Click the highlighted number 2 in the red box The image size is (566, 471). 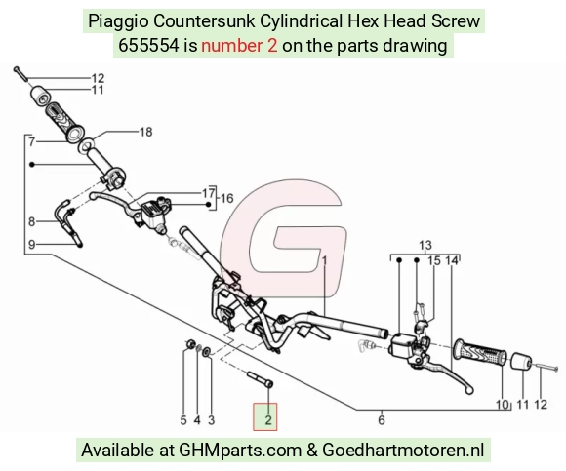click(267, 419)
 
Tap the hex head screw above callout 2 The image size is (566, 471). click(260, 379)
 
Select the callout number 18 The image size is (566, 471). click(145, 132)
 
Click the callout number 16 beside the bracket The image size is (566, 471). click(226, 198)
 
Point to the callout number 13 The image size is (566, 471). click(425, 245)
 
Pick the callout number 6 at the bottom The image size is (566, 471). click(382, 419)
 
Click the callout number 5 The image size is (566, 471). click(183, 420)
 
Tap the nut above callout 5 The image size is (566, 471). click(190, 344)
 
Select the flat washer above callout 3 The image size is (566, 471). click(207, 352)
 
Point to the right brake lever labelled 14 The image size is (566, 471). click(448, 375)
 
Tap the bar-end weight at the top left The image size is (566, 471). click(40, 96)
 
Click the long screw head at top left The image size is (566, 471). click(16, 69)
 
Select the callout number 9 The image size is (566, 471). click(32, 245)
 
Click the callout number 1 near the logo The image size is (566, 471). click(324, 260)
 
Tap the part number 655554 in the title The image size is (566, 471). click(148, 46)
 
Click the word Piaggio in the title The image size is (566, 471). click(118, 21)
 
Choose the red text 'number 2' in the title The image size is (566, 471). click(239, 46)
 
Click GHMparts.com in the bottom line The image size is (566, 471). click(240, 451)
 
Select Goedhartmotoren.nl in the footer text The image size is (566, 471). click(403, 451)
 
